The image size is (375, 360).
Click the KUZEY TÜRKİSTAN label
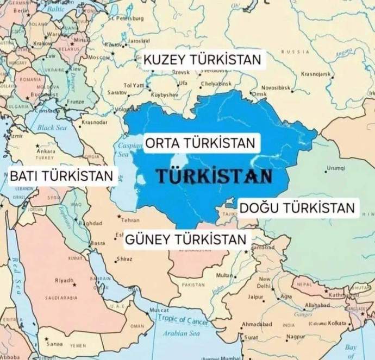tap(203, 60)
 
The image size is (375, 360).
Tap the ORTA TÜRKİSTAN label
tap(199, 144)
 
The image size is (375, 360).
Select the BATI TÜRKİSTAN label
tap(62, 175)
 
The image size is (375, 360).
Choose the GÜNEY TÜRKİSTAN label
tap(185, 239)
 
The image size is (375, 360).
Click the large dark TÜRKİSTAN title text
tap(214, 176)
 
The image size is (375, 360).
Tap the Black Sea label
tap(51, 128)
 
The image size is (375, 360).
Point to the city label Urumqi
tap(336, 168)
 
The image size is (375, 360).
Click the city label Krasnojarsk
tap(317, 73)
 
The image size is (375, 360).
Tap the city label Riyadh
tap(64, 280)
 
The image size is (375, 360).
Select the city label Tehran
tap(130, 221)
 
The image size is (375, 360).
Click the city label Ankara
tap(46, 151)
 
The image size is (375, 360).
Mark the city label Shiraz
tap(124, 259)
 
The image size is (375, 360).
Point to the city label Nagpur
tap(295, 337)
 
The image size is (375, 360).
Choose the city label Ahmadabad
tap(257, 325)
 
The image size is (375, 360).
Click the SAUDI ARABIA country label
tap(61, 298)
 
